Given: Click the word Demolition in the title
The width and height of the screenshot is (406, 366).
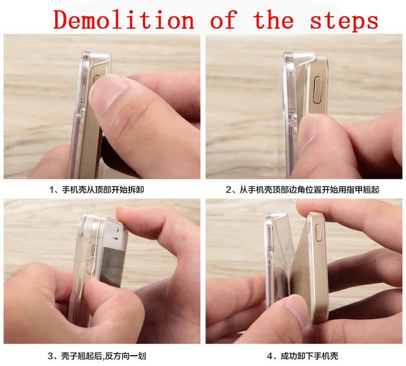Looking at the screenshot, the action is (x=124, y=20).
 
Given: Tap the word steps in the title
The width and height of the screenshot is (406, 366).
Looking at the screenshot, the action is (x=344, y=21).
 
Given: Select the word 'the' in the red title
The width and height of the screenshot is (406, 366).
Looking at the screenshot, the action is (x=274, y=19).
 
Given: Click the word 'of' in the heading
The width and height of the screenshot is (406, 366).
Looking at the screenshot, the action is (x=224, y=19).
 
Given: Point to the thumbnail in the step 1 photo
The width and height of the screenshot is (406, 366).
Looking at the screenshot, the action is (x=109, y=93).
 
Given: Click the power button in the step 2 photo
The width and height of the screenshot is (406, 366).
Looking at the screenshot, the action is (x=318, y=91).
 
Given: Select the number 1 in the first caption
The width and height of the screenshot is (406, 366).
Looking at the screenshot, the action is (x=51, y=190).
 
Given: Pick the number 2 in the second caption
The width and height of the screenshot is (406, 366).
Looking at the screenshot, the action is (x=228, y=190).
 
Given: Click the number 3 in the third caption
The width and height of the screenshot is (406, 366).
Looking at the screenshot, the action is (x=50, y=356).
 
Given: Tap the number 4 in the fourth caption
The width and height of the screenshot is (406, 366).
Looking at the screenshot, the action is (x=270, y=356).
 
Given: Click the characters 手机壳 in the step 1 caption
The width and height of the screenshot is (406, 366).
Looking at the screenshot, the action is (x=74, y=190).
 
